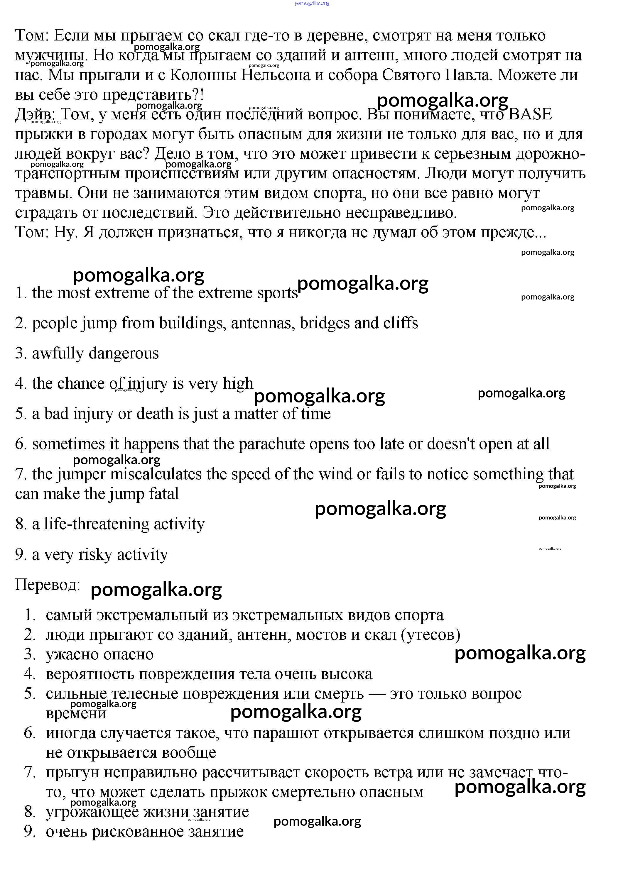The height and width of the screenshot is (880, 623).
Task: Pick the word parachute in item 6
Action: coord(272,444)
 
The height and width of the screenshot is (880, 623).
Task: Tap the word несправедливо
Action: coord(401,212)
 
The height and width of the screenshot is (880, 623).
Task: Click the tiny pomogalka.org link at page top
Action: coord(312,4)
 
